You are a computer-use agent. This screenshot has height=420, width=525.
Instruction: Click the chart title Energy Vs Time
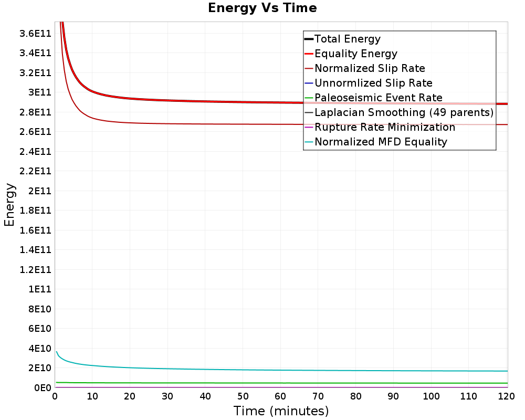(x=262, y=8)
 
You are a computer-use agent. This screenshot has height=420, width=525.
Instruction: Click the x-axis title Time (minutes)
(x=281, y=411)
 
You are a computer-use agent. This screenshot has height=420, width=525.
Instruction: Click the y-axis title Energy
(x=9, y=205)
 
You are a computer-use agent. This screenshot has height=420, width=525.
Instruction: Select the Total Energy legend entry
(x=347, y=39)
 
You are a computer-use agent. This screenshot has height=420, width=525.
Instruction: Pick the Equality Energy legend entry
(x=355, y=54)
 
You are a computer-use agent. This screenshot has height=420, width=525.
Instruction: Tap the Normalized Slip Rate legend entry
(x=370, y=68)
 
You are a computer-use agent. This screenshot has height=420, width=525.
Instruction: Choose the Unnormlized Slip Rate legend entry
(x=373, y=83)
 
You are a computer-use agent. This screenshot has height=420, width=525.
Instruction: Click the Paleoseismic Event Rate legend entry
(x=378, y=98)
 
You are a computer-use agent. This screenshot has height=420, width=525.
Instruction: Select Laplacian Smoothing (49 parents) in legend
(x=404, y=112)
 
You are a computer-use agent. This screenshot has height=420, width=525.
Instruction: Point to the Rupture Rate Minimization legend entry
(x=384, y=127)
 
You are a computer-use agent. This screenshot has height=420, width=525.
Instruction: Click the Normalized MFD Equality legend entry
(x=381, y=142)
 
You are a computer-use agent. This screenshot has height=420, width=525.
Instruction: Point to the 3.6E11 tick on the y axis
(x=35, y=33)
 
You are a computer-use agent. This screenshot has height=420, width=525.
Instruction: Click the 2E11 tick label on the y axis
(x=40, y=191)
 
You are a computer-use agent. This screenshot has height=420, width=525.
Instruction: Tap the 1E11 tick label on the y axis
(x=40, y=289)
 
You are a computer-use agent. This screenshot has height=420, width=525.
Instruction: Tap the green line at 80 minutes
(x=356, y=383)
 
